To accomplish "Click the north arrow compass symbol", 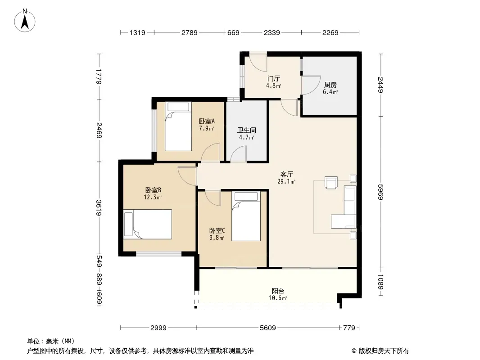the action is pos(25,21).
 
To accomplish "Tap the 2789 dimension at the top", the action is pos(190,32).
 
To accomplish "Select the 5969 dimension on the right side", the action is pos(380,192).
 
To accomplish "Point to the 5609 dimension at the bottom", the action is pos(268,328).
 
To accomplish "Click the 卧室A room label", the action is pos(207,121).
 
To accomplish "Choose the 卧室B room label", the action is pos(153,190).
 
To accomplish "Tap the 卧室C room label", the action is pos(217,230).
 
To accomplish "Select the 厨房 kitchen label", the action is pos(331,85).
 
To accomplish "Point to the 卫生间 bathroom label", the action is pos(247,130).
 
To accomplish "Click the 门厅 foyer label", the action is pos(273,79).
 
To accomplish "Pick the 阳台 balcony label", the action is pos(278,291).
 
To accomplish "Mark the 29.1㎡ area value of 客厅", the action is pos(286,182).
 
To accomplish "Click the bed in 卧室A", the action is pos(178,126).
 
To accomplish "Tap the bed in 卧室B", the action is pos(148,224).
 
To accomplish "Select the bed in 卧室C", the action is pos(246,216).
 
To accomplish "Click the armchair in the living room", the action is pos(331,183).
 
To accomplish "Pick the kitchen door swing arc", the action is pos(311,85).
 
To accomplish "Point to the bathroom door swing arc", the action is pos(239,154).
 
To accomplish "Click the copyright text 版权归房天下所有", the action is pos(384,351).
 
